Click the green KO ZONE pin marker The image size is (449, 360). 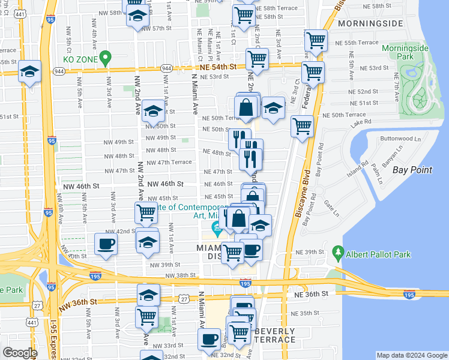pyautogui.click(x=106, y=59)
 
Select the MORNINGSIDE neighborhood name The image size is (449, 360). pyautogui.click(x=370, y=23)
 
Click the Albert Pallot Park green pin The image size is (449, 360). pyautogui.click(x=338, y=253)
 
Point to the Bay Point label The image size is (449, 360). pyautogui.click(x=412, y=170)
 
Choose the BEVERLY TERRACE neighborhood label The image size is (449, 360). pyautogui.click(x=275, y=335)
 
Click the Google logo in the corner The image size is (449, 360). pyautogui.click(x=19, y=353)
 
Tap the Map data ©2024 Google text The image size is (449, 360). pyautogui.click(x=411, y=355)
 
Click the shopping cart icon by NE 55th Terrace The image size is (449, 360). pyautogui.click(x=316, y=41)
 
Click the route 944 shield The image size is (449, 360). pyautogui.click(x=59, y=71)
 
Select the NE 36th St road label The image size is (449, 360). pyautogui.click(x=312, y=294)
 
